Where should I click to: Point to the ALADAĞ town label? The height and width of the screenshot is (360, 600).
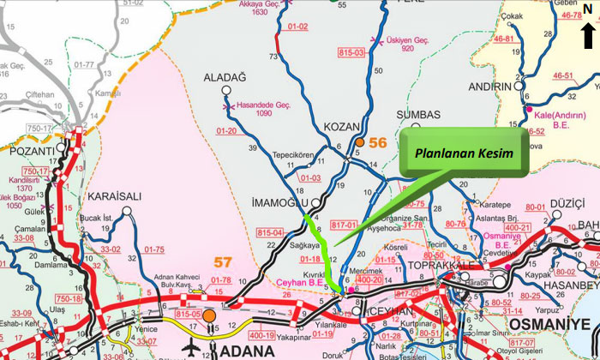click(x=225, y=77)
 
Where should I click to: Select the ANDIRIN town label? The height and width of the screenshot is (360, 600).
click(x=490, y=87)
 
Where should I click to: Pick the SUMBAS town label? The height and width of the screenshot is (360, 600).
click(x=420, y=115)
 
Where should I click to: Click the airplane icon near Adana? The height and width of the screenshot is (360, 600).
click(x=190, y=346)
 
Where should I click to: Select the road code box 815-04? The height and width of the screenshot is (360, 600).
click(x=270, y=232)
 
